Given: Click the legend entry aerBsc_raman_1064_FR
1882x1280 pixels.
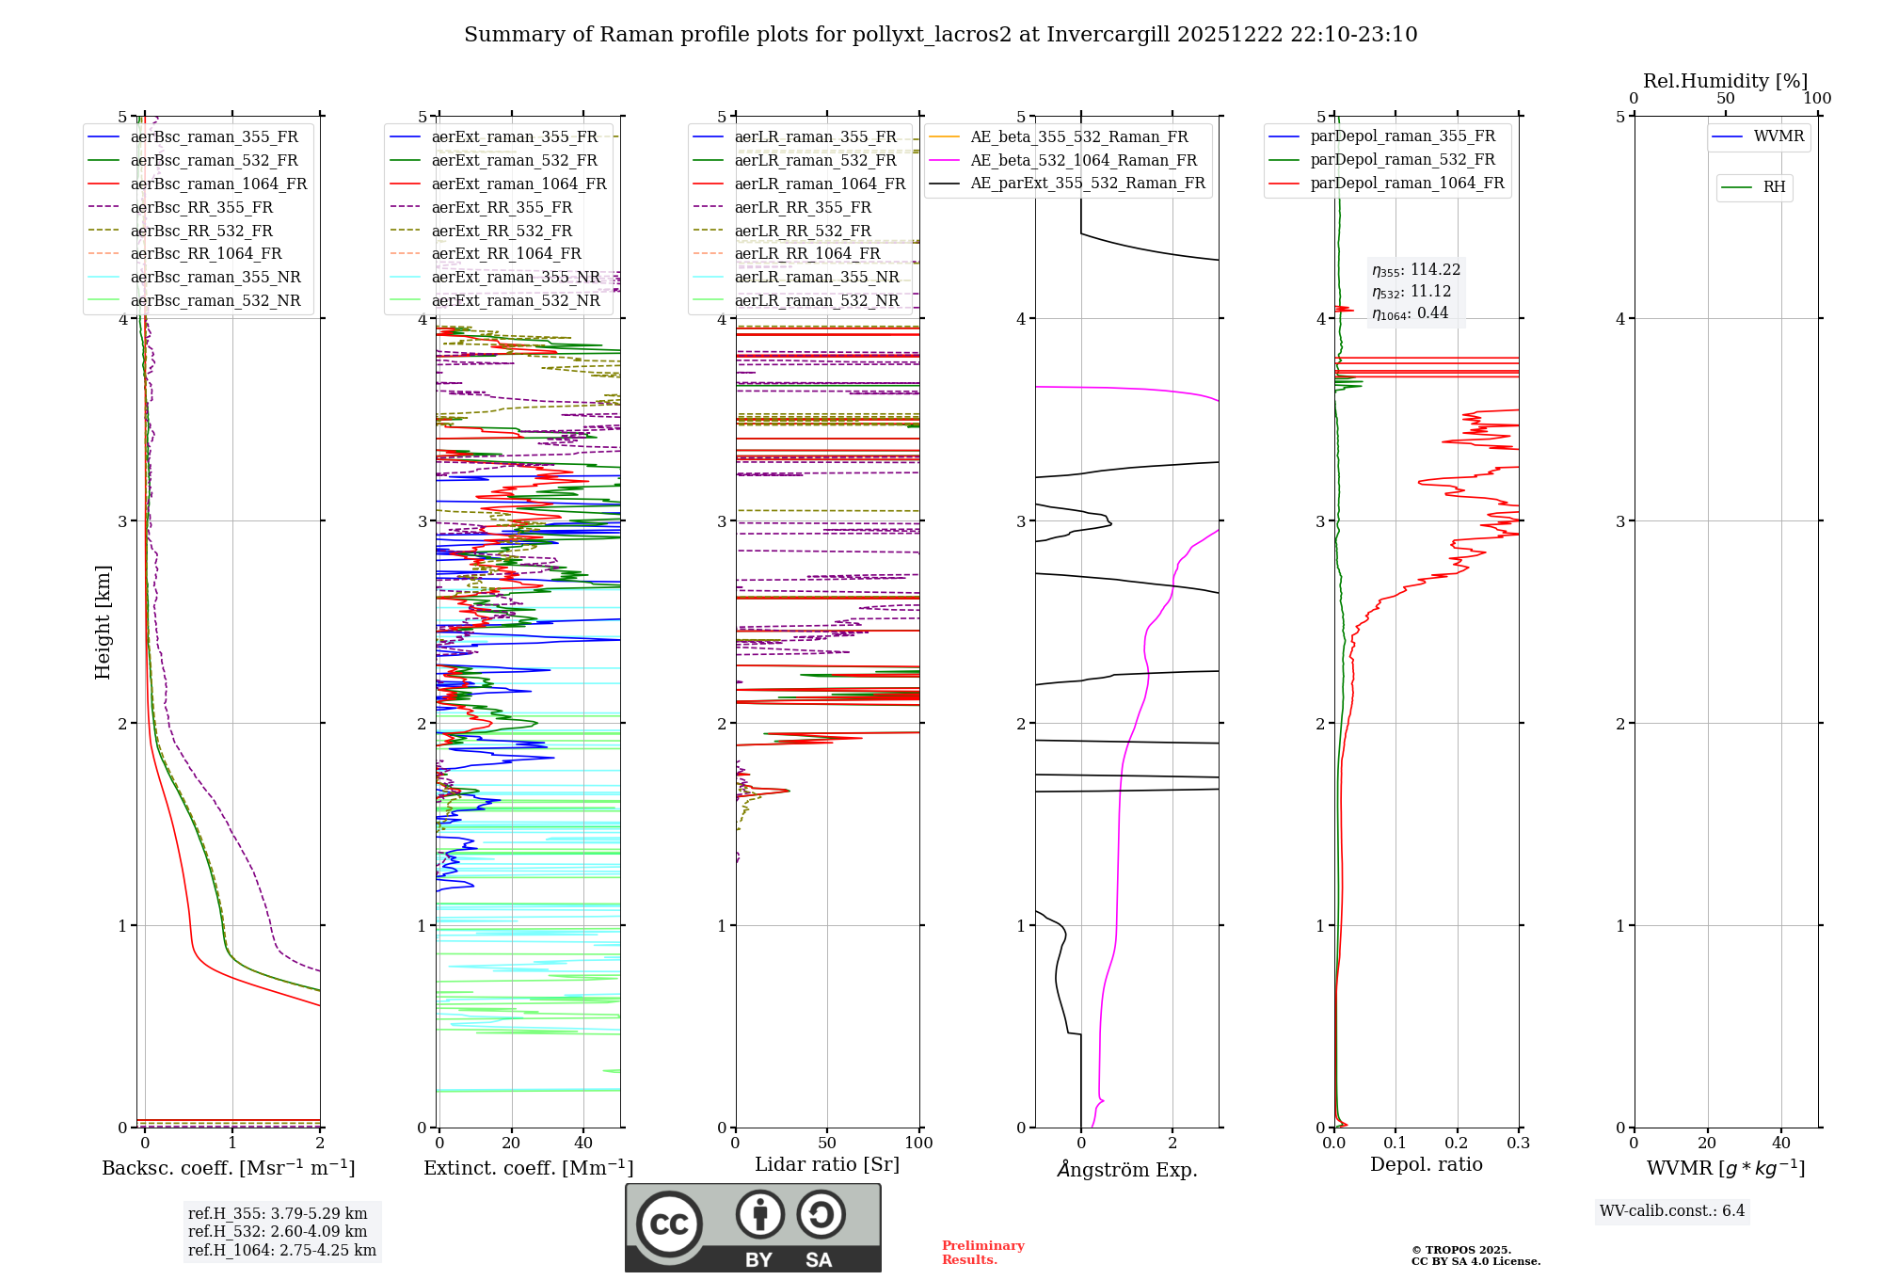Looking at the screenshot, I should (x=218, y=184).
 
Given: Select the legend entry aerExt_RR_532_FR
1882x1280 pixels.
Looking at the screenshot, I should (x=501, y=231).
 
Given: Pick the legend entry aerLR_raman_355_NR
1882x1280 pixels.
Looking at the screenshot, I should (x=816, y=277).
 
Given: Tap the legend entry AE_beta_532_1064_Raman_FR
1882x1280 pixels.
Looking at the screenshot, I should (x=1083, y=161).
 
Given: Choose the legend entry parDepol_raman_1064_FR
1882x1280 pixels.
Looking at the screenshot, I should (x=1407, y=184).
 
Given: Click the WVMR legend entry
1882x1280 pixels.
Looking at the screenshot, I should (x=1778, y=137).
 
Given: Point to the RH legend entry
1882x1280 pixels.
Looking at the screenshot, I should (x=1773, y=187).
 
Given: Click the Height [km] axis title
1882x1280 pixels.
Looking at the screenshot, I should (x=103, y=622).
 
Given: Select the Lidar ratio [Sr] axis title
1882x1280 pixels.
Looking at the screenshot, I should (x=826, y=1165).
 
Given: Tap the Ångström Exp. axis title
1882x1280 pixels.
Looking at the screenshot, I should (x=1126, y=1170).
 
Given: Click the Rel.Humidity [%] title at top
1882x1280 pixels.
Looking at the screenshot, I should (x=1725, y=81).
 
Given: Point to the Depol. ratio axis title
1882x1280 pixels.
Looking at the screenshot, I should (x=1426, y=1165).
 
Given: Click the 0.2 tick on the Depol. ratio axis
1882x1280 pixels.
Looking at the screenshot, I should (x=1457, y=1144).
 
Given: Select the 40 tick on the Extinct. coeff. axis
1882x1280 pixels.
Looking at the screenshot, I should (x=583, y=1144).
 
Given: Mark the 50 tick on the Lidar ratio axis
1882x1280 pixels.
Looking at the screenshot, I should (x=827, y=1144).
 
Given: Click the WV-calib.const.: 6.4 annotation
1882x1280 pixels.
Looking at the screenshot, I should (x=1671, y=1211).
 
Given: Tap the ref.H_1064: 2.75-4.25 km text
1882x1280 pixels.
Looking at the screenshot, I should (x=281, y=1251).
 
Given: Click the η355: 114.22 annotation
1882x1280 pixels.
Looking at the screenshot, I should (x=1416, y=270).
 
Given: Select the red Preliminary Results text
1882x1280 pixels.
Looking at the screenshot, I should (x=982, y=1253).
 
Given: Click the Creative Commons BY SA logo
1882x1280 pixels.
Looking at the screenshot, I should (x=753, y=1227).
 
